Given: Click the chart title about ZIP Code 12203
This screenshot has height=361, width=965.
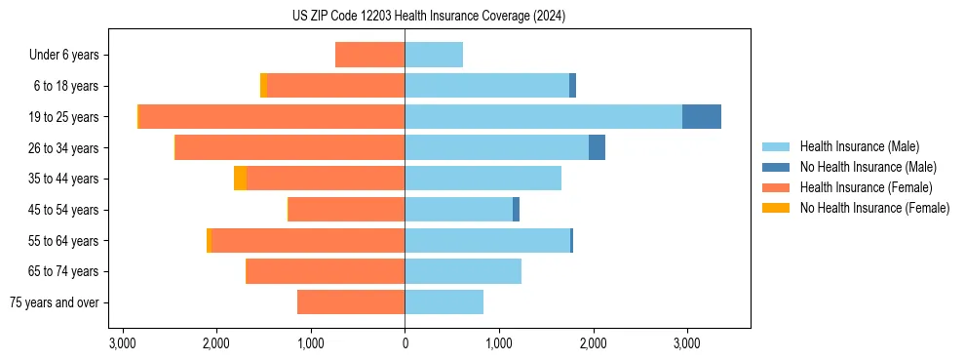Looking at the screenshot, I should point(428,17).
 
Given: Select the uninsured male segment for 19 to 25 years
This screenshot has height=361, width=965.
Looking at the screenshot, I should point(702,116).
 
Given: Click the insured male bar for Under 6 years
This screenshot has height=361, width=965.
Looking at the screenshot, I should point(434,55).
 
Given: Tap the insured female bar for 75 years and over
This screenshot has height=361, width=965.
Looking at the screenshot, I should point(351,302).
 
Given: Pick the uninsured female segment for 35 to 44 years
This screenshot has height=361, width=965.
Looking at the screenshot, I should point(240,179).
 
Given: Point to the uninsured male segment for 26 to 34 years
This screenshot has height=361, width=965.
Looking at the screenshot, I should point(597,147).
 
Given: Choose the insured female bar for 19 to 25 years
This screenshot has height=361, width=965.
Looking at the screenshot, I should point(272,116).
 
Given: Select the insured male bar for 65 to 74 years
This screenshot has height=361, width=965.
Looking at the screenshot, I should point(463,271).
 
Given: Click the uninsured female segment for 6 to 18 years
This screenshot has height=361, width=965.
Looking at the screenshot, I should point(263,86).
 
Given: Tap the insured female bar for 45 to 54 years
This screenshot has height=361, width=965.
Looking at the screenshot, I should point(346,210).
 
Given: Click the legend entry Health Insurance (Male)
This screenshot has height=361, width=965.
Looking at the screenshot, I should point(859,146).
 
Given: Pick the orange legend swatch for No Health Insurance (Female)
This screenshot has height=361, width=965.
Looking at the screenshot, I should point(776,208).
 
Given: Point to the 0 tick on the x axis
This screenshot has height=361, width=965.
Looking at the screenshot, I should point(405,343).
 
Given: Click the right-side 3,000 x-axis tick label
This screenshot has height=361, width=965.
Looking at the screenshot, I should point(686,343).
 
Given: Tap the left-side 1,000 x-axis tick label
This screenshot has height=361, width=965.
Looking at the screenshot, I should point(310,343).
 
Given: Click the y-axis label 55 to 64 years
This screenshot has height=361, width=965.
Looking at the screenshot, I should point(64,241).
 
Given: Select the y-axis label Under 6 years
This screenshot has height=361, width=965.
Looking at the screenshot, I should point(64,56).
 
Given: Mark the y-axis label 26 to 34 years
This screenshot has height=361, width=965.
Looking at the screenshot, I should point(64,148).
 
